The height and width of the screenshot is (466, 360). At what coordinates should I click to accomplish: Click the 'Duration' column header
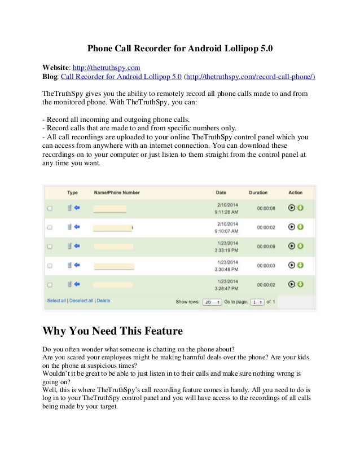(x=258, y=192)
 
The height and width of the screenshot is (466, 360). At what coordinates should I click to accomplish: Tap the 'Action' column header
(x=296, y=192)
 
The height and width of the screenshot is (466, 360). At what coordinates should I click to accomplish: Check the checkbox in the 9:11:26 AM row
(x=50, y=208)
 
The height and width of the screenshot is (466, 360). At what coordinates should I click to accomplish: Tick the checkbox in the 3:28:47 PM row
(x=50, y=284)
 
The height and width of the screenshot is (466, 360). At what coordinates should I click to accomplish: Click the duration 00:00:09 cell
(x=266, y=246)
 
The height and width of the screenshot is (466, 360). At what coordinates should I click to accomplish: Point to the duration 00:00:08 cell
(x=266, y=208)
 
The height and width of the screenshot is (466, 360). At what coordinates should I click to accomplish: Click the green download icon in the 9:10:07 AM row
(x=301, y=227)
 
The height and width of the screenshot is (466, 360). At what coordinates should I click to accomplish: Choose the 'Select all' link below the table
(x=56, y=301)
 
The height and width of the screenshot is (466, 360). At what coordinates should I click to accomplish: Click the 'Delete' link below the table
(x=103, y=301)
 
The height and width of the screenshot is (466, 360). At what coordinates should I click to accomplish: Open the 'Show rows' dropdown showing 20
(x=212, y=302)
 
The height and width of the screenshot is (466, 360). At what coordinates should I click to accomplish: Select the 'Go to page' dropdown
(x=257, y=302)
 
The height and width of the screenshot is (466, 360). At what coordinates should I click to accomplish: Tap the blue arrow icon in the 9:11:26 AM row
(x=77, y=208)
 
